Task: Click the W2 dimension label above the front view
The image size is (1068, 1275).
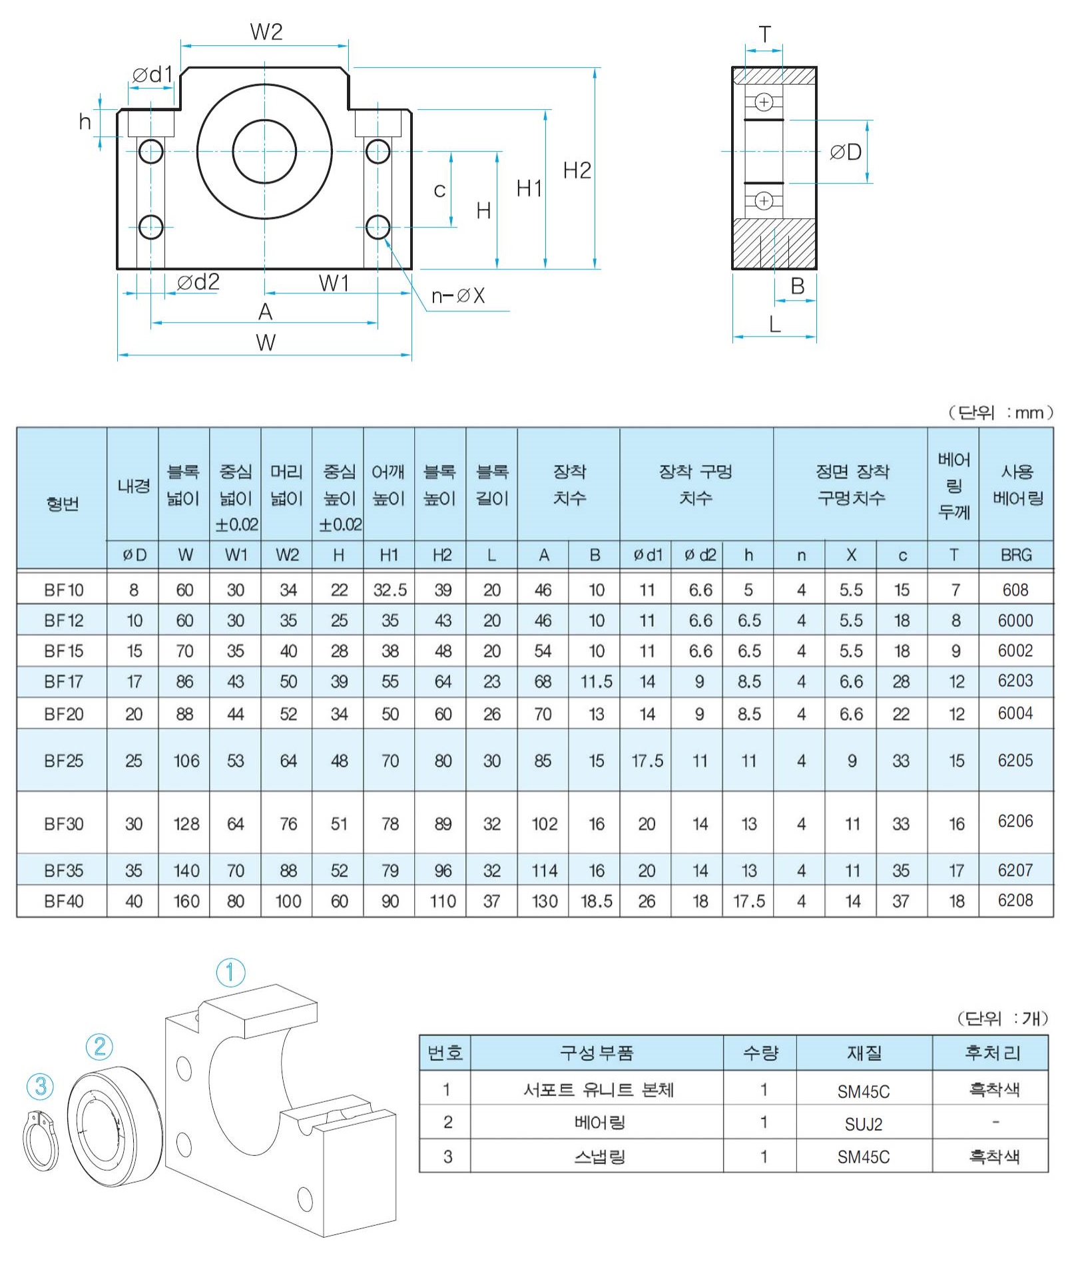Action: click(x=266, y=32)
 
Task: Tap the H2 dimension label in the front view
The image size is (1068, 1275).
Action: click(x=577, y=171)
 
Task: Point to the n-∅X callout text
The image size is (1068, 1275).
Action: click(x=458, y=295)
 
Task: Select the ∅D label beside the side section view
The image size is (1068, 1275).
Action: click(x=846, y=152)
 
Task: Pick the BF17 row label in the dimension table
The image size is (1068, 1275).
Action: click(x=63, y=681)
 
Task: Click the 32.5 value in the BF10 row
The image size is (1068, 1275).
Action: click(x=390, y=590)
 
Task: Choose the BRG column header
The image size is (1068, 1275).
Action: click(x=1015, y=555)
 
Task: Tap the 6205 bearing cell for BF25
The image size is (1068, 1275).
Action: click(x=1015, y=760)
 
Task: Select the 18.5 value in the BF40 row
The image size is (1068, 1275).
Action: click(x=596, y=901)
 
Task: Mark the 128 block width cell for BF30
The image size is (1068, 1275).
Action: click(x=186, y=824)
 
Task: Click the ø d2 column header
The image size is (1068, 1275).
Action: click(x=699, y=555)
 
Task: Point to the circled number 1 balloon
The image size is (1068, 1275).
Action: click(x=230, y=972)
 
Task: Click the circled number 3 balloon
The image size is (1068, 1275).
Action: click(x=40, y=1086)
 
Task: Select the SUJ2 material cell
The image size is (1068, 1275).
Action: click(x=863, y=1124)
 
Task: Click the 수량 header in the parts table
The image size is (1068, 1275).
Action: click(x=760, y=1053)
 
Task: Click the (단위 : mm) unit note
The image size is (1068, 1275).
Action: click(x=1001, y=413)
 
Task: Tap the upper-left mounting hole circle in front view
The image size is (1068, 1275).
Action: click(x=151, y=152)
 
